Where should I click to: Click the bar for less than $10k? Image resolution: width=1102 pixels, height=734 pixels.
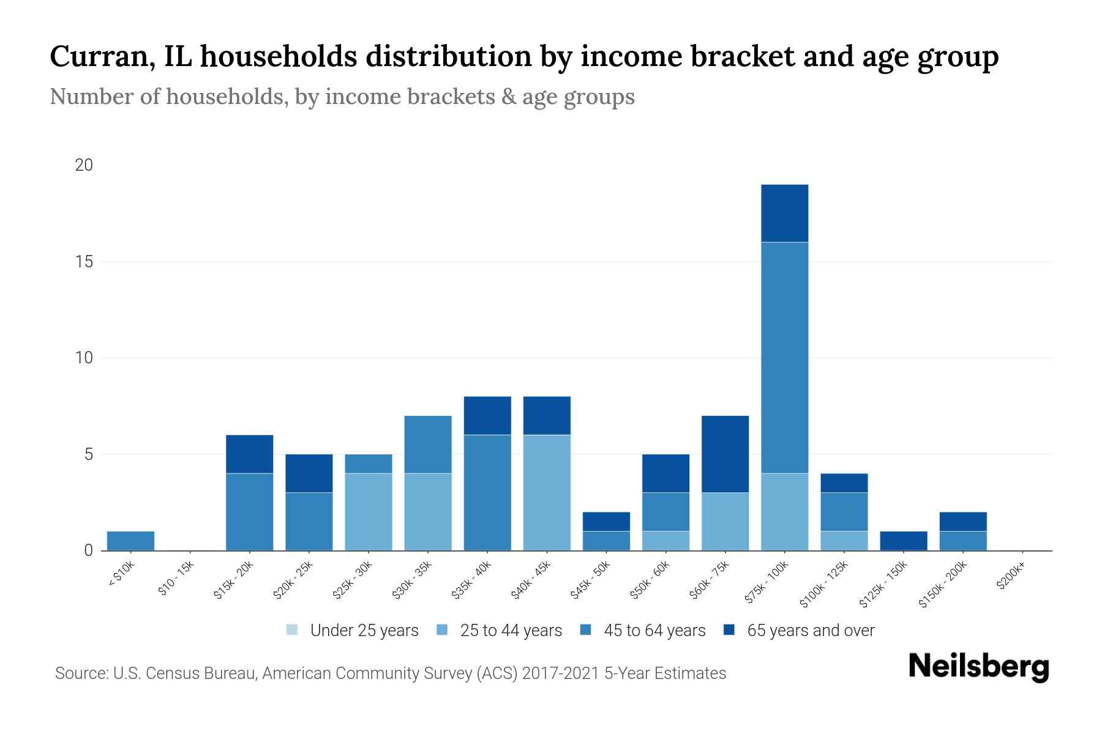130,541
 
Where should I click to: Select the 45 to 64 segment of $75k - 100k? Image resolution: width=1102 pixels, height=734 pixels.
784,358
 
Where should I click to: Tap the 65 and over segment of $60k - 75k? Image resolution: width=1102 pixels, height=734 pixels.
725,454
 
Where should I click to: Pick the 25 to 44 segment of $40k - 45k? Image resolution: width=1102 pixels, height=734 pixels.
547,492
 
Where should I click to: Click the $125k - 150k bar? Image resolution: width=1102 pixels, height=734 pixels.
903,541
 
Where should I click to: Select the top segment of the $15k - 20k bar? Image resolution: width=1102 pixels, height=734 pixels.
249,454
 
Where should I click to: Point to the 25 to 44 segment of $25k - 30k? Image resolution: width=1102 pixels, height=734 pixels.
369,511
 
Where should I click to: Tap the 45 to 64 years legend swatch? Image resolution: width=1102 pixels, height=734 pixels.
586,630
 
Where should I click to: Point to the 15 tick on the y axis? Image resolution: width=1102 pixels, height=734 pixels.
84,262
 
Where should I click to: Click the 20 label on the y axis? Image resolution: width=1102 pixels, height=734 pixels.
84,165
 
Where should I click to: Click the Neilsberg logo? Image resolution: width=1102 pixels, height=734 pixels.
978,667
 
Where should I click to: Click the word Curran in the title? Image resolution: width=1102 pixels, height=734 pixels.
100,56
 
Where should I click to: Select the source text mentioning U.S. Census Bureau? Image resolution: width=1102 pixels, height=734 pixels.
390,673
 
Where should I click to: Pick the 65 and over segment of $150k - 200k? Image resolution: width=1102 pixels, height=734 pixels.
962,521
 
